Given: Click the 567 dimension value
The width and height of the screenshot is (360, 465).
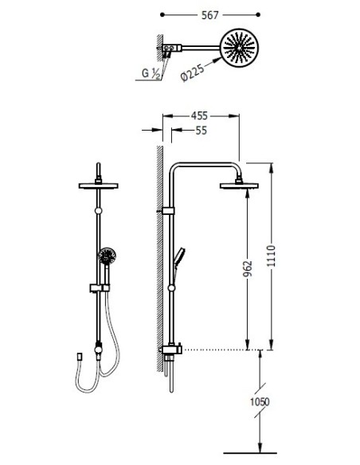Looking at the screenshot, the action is coord(209,15).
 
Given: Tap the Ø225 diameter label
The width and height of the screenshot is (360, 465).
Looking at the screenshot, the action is coord(192,72).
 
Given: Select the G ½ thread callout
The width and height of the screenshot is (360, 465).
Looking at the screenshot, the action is coord(151,73).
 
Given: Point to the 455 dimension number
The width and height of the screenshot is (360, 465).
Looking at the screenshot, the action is coord(199,115).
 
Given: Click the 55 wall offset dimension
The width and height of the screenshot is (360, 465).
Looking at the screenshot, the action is coord(201,131).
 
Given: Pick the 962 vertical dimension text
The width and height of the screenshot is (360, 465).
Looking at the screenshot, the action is coord(248,268).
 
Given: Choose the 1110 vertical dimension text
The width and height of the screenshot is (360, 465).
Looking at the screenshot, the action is coord(272,256).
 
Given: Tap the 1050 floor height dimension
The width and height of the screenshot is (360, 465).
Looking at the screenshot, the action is coord(260,402).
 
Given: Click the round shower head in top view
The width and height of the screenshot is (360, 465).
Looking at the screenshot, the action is coord(239,48).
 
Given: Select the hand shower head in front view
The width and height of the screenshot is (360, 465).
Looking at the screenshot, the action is coord(107,256).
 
